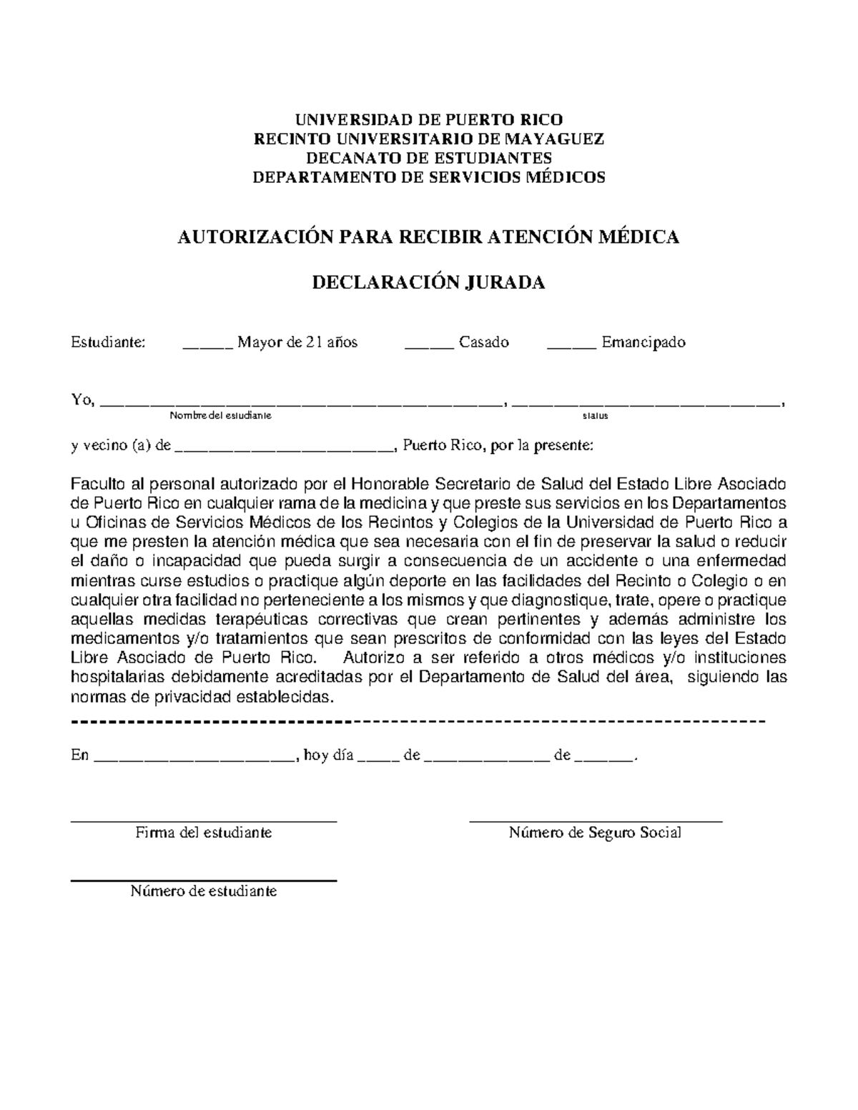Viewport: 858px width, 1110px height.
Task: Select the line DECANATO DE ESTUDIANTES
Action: tap(429, 158)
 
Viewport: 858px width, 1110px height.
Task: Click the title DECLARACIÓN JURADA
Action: tap(429, 283)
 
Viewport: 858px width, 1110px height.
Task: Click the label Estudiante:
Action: tap(108, 342)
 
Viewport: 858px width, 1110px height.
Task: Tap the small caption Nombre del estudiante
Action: tap(220, 415)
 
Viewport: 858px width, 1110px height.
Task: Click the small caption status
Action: tap(596, 415)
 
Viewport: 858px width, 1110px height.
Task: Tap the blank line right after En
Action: tap(194, 760)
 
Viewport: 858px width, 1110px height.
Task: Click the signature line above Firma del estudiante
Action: tap(204, 822)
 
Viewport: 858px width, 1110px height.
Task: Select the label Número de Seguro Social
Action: tap(595, 833)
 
